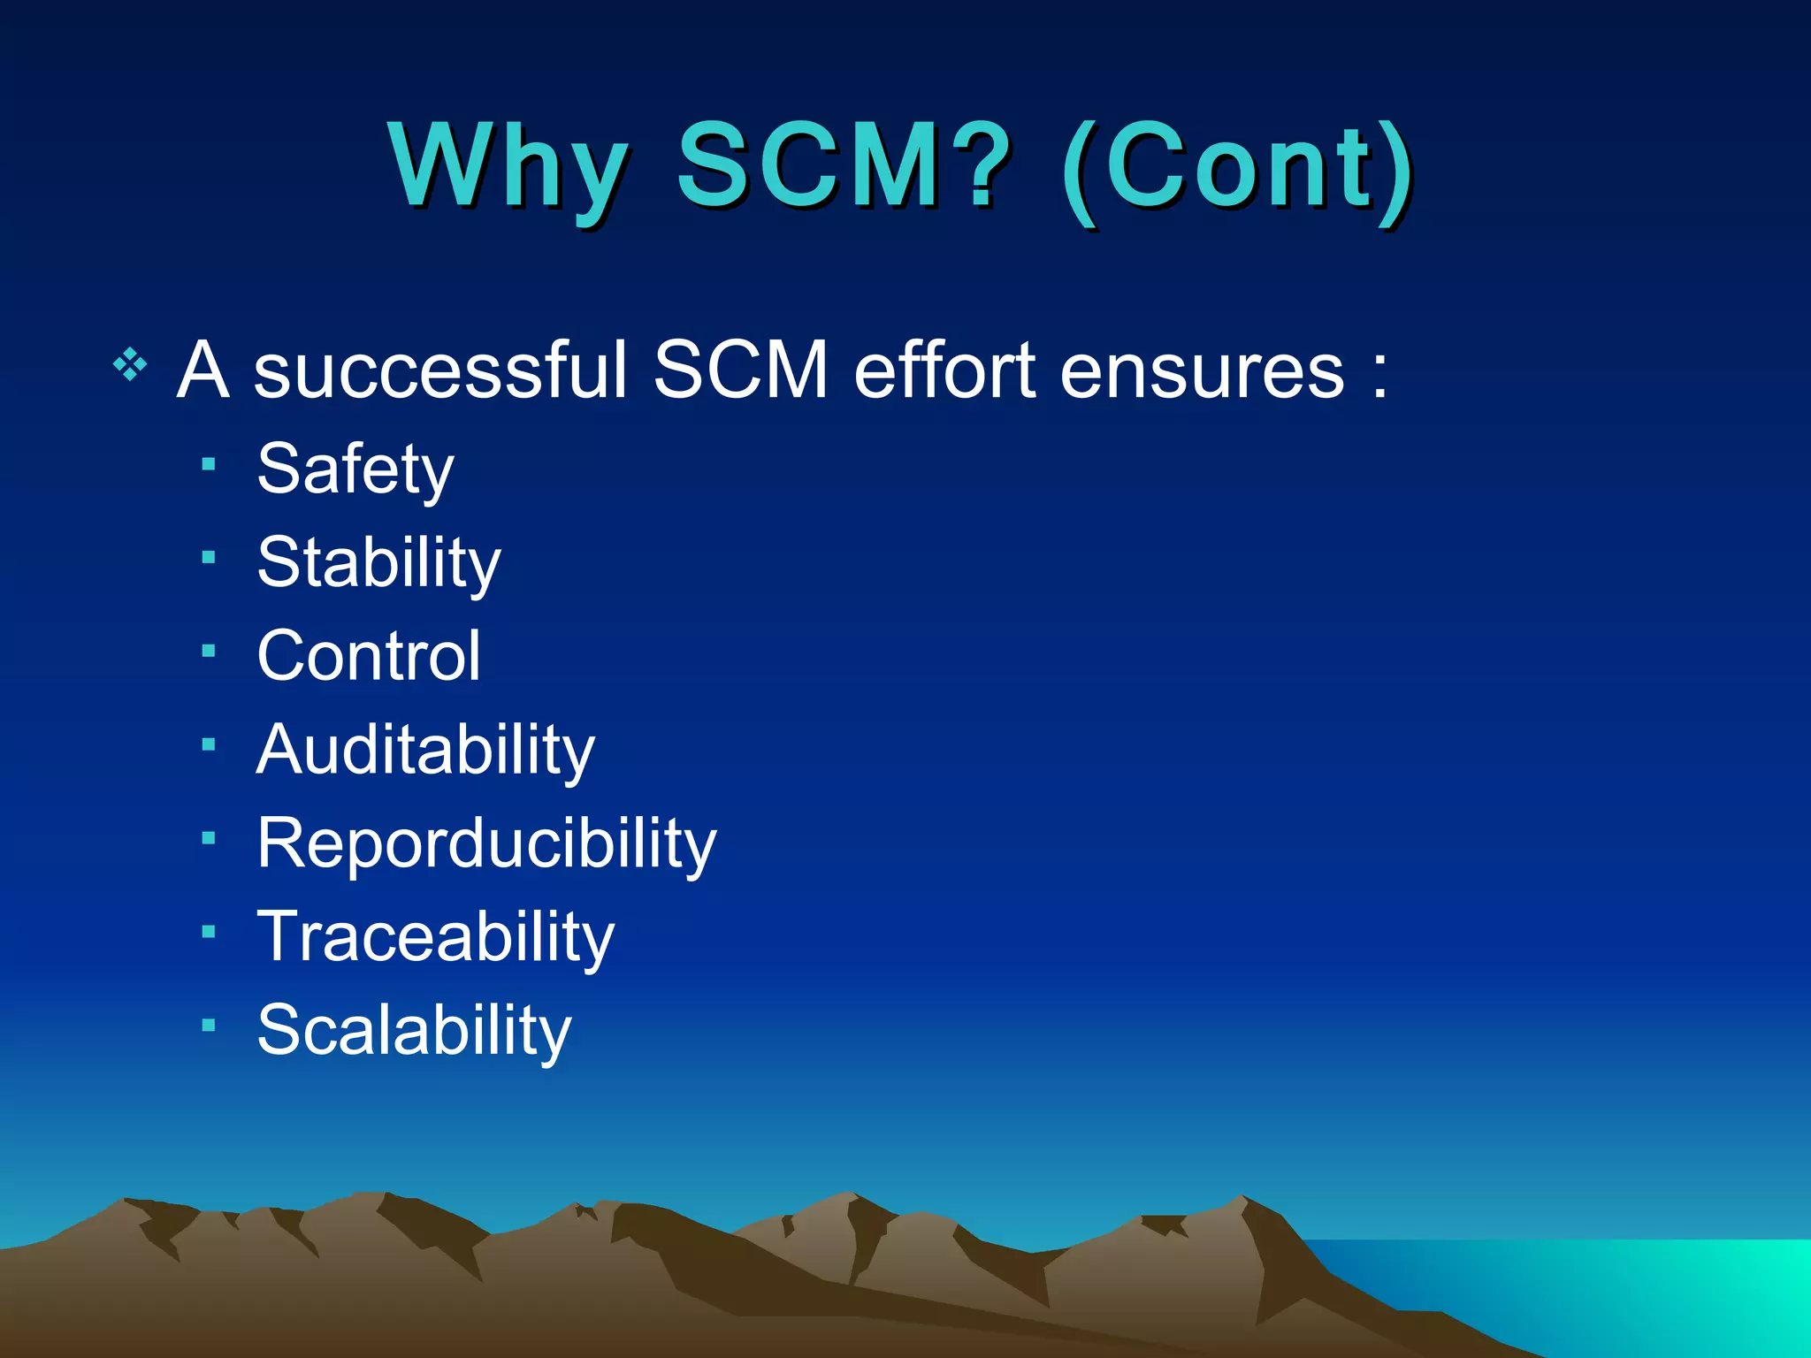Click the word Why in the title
tap(508, 168)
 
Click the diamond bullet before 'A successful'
tap(130, 364)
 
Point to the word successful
tap(439, 370)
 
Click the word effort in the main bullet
tap(944, 370)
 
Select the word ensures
tap(1203, 370)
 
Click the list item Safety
tap(355, 469)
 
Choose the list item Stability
tap(378, 563)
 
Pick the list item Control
tap(369, 656)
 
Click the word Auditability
tap(425, 750)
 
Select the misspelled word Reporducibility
tap(486, 843)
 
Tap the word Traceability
tap(435, 937)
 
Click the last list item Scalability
tap(414, 1031)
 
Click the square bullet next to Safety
tap(209, 463)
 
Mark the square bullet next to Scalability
tap(209, 1026)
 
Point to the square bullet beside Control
tap(209, 651)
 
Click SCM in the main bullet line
tap(741, 370)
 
